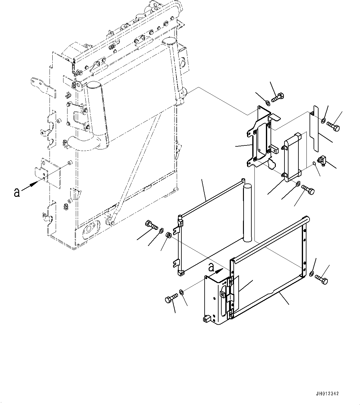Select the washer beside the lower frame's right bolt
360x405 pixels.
pos(311,273)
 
